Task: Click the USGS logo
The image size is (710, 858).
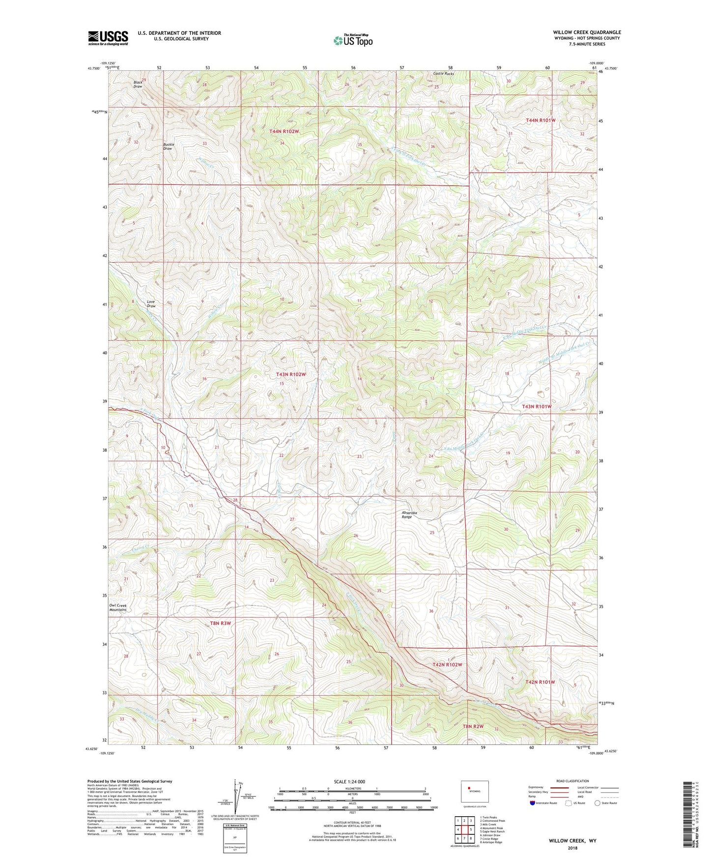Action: [108, 38]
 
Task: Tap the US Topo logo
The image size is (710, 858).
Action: [353, 40]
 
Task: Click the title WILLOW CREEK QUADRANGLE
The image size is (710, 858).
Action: [587, 32]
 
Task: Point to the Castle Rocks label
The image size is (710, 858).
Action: [443, 74]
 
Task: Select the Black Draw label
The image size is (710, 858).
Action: [138, 84]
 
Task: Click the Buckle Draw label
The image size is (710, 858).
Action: [168, 146]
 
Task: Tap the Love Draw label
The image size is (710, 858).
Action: [151, 304]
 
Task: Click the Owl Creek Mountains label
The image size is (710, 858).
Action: [118, 607]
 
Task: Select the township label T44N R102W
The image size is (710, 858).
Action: [284, 132]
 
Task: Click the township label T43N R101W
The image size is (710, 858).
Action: [537, 407]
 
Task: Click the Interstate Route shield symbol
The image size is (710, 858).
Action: [533, 803]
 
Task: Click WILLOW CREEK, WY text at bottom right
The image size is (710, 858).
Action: [572, 841]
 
